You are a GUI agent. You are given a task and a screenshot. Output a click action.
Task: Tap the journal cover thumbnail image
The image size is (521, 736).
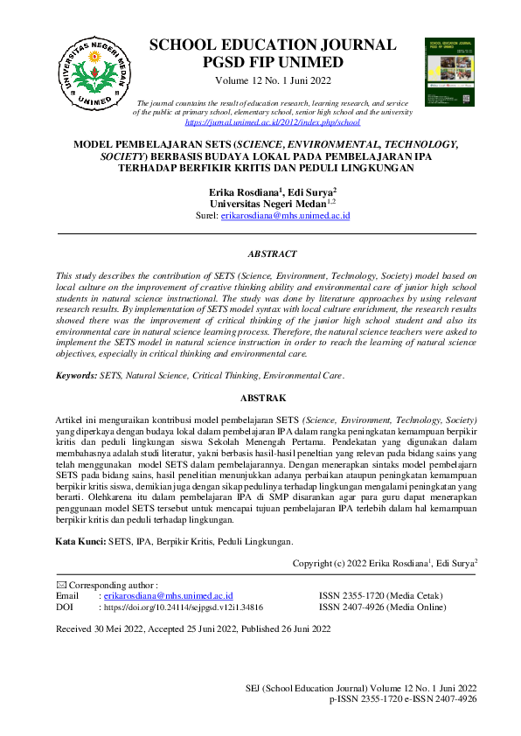[x=448, y=72]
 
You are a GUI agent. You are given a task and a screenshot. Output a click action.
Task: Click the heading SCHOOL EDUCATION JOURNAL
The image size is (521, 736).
[x=273, y=45]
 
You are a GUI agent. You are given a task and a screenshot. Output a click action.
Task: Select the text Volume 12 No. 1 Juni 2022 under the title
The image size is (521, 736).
[x=273, y=80]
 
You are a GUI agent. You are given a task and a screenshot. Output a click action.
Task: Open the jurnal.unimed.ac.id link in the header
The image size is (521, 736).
[x=273, y=123]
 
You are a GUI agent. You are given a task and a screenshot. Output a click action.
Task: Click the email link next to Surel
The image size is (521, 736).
[x=285, y=215]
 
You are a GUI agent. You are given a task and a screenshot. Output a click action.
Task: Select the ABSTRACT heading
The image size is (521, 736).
[x=272, y=254]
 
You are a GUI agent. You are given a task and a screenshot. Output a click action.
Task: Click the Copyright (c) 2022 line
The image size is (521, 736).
[x=385, y=564]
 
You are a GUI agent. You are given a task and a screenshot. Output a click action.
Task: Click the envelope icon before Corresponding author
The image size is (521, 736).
[x=60, y=584]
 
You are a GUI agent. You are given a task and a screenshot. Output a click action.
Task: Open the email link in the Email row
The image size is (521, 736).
[x=168, y=595]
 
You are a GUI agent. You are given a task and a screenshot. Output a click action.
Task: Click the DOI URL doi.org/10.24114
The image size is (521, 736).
[x=184, y=606]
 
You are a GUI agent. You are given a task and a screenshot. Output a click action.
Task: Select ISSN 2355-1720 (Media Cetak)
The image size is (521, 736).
[x=380, y=595]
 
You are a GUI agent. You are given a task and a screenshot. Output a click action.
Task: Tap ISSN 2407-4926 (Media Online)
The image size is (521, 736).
[x=382, y=606]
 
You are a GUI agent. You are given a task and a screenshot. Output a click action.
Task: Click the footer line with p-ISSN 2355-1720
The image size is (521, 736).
[x=403, y=700]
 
